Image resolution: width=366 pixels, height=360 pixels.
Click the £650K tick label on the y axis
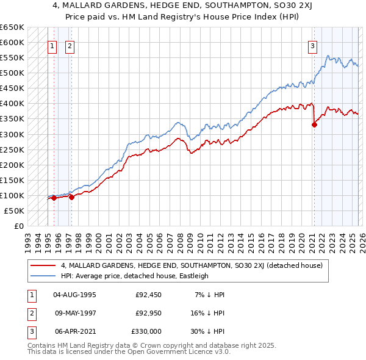click(x=12, y=27)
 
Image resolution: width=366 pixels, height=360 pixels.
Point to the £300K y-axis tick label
click(x=12, y=134)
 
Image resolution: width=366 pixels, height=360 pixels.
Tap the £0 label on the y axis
click(x=19, y=226)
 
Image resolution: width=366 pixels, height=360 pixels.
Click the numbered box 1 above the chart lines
click(x=52, y=45)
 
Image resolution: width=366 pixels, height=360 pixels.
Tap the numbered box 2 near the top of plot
click(x=70, y=45)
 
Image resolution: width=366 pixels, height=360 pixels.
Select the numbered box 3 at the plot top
click(x=312, y=45)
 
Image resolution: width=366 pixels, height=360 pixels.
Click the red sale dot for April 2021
click(x=314, y=125)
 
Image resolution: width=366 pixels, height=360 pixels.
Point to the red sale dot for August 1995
click(x=54, y=198)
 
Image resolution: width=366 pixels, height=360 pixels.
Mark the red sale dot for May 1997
click(x=72, y=197)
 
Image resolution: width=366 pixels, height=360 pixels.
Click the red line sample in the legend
click(x=43, y=265)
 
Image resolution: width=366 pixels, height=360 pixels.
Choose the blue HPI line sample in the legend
click(x=43, y=275)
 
